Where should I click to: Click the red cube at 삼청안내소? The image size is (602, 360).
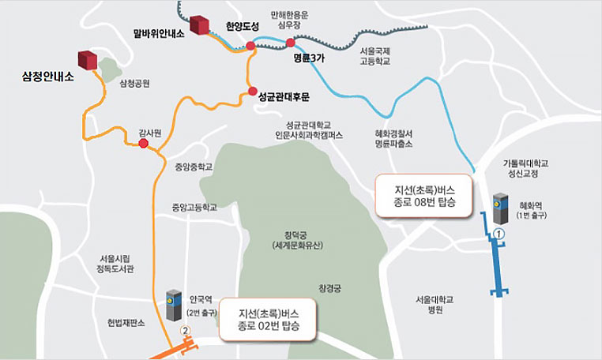86,60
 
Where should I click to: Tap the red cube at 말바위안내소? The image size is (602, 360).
198,25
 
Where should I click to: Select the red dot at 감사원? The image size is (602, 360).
143,145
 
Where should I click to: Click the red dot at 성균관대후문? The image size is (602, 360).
252,93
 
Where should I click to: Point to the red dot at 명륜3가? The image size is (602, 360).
290,43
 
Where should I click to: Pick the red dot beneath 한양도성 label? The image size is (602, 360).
250,46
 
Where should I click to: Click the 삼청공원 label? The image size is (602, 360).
135,83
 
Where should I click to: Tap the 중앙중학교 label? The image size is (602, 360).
194,167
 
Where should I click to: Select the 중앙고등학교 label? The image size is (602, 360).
194,208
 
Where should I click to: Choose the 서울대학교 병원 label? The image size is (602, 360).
436,305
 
